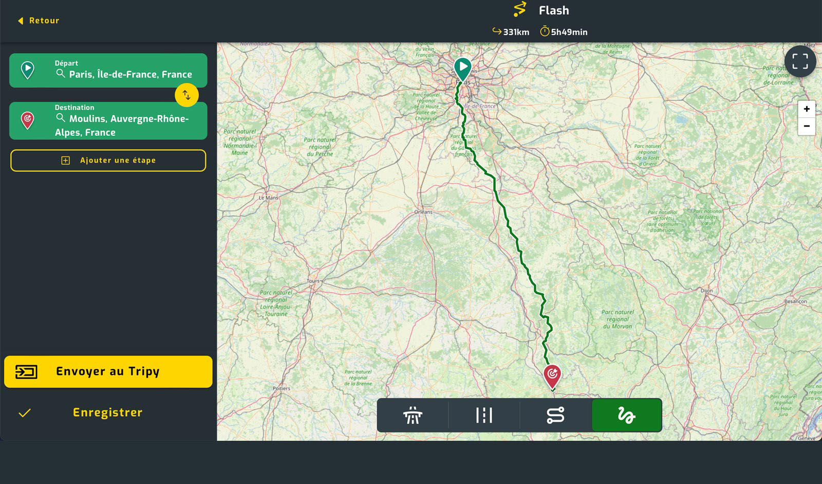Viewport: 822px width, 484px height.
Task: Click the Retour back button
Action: pos(39,21)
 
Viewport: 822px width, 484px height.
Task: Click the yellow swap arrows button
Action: pos(186,95)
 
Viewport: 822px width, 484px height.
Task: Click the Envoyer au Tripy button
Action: pos(108,371)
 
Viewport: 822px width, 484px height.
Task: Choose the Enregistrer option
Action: pos(107,413)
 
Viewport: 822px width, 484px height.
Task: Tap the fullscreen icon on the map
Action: pos(800,61)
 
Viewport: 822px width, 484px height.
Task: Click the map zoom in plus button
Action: pos(807,109)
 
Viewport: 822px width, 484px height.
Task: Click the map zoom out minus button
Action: pos(807,126)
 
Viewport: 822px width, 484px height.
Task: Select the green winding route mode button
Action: pos(626,415)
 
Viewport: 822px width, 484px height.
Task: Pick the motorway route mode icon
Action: pos(413,415)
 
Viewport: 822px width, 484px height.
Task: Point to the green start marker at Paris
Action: pos(463,68)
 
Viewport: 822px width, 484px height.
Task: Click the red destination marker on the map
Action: pos(552,375)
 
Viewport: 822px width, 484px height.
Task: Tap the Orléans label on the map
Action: pos(423,212)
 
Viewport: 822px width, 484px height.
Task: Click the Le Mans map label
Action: pos(268,198)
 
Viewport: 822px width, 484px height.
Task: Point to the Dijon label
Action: pos(706,291)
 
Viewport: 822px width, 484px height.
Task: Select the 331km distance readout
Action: pos(511,32)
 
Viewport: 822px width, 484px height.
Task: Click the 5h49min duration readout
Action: pos(564,32)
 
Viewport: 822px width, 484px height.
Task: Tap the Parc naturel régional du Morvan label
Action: pos(618,319)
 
